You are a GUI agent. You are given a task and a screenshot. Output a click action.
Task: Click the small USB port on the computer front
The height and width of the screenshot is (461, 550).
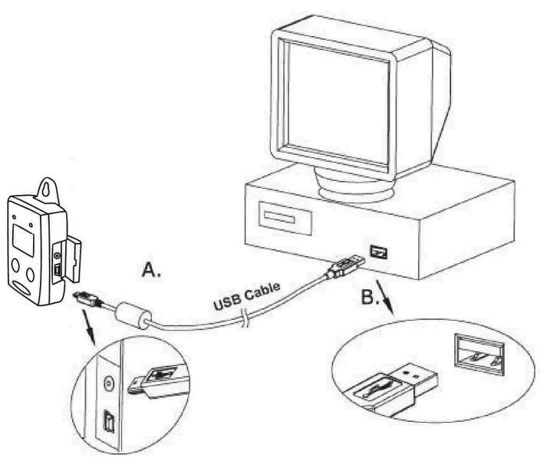[377, 250]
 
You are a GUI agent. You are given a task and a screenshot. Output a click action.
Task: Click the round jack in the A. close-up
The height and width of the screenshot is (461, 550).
[107, 379]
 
